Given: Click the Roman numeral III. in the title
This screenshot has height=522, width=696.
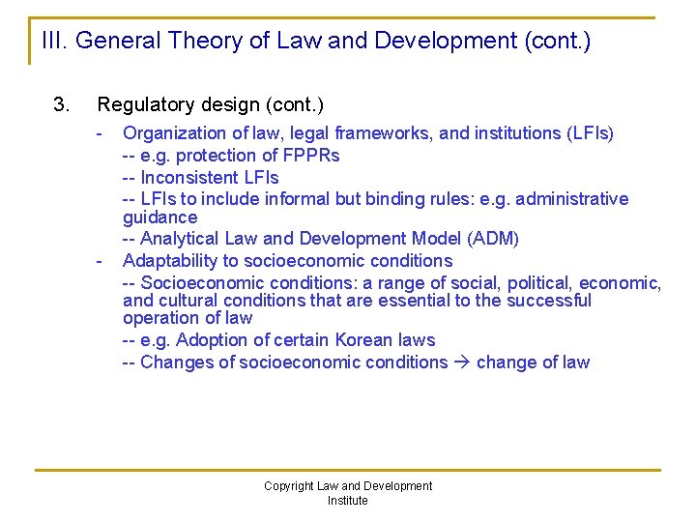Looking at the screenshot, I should [54, 41].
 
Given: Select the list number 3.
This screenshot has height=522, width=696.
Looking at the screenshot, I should [60, 103].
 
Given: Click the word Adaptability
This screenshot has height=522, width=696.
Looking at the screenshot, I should [169, 261].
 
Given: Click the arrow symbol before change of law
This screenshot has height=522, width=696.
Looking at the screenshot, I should [462, 362].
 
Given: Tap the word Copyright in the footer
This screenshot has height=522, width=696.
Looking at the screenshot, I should [289, 486].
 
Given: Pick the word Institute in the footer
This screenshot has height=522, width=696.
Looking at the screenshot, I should [348, 501].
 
